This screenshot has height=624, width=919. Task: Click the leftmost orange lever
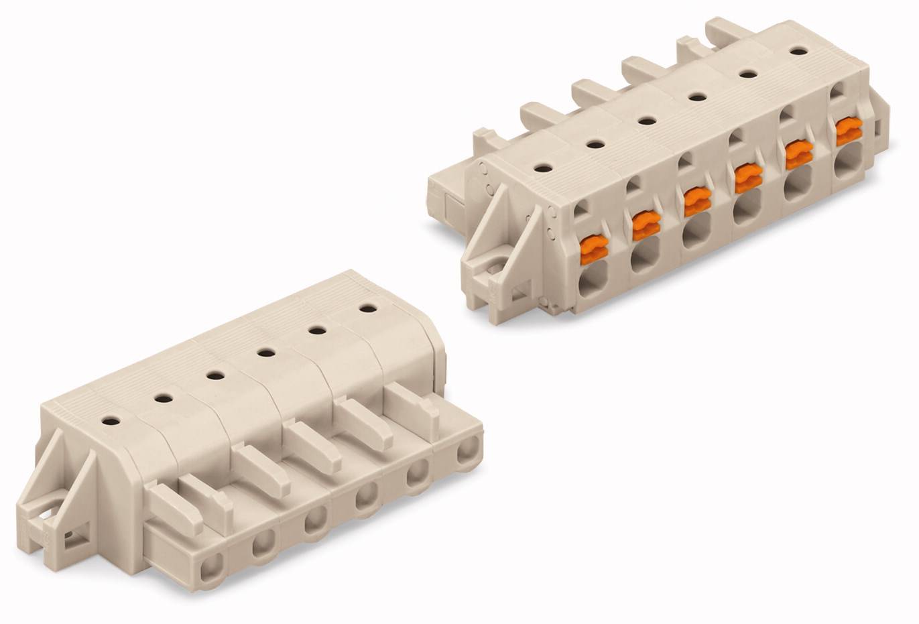click(593, 249)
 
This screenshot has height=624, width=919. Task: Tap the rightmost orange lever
click(849, 131)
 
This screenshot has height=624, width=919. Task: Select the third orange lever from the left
click(697, 201)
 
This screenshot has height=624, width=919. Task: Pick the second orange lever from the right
click(798, 154)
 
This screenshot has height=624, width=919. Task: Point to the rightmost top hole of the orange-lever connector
click(798, 50)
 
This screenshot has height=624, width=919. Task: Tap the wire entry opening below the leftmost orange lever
click(593, 280)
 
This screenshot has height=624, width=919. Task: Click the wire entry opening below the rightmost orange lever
click(847, 162)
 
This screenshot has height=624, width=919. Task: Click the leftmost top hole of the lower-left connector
click(111, 421)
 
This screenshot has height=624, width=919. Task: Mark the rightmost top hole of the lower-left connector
click(367, 308)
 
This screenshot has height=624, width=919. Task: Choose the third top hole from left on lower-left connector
click(215, 375)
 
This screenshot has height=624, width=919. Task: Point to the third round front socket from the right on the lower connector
click(366, 497)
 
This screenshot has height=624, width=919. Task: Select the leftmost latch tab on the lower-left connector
click(174, 507)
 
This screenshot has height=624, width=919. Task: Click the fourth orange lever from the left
click(747, 178)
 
